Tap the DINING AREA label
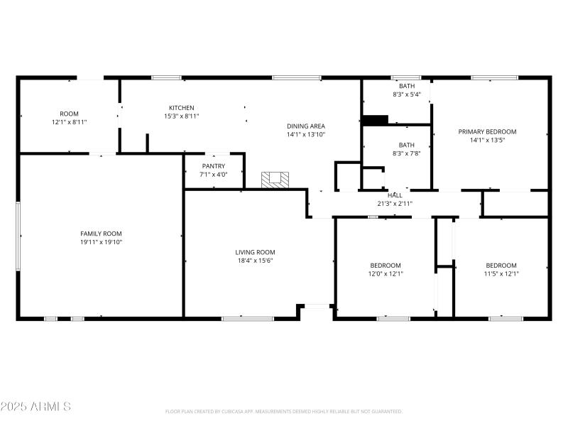click(306, 126)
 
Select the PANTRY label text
click(214, 166)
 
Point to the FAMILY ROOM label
click(101, 234)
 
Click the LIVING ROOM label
click(255, 252)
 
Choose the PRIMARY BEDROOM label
click(487, 131)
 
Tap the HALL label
click(395, 195)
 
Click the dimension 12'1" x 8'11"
click(69, 122)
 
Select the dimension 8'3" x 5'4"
click(407, 94)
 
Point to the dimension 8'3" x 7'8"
click(406, 153)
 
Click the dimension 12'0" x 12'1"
click(385, 273)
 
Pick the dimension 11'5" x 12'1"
click(501, 273)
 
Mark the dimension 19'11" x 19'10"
click(101, 242)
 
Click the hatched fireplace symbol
click(275, 180)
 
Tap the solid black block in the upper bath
click(375, 120)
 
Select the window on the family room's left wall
click(18, 236)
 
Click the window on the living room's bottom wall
click(248, 319)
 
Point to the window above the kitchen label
click(165, 77)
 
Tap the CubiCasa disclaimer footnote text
click(284, 411)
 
